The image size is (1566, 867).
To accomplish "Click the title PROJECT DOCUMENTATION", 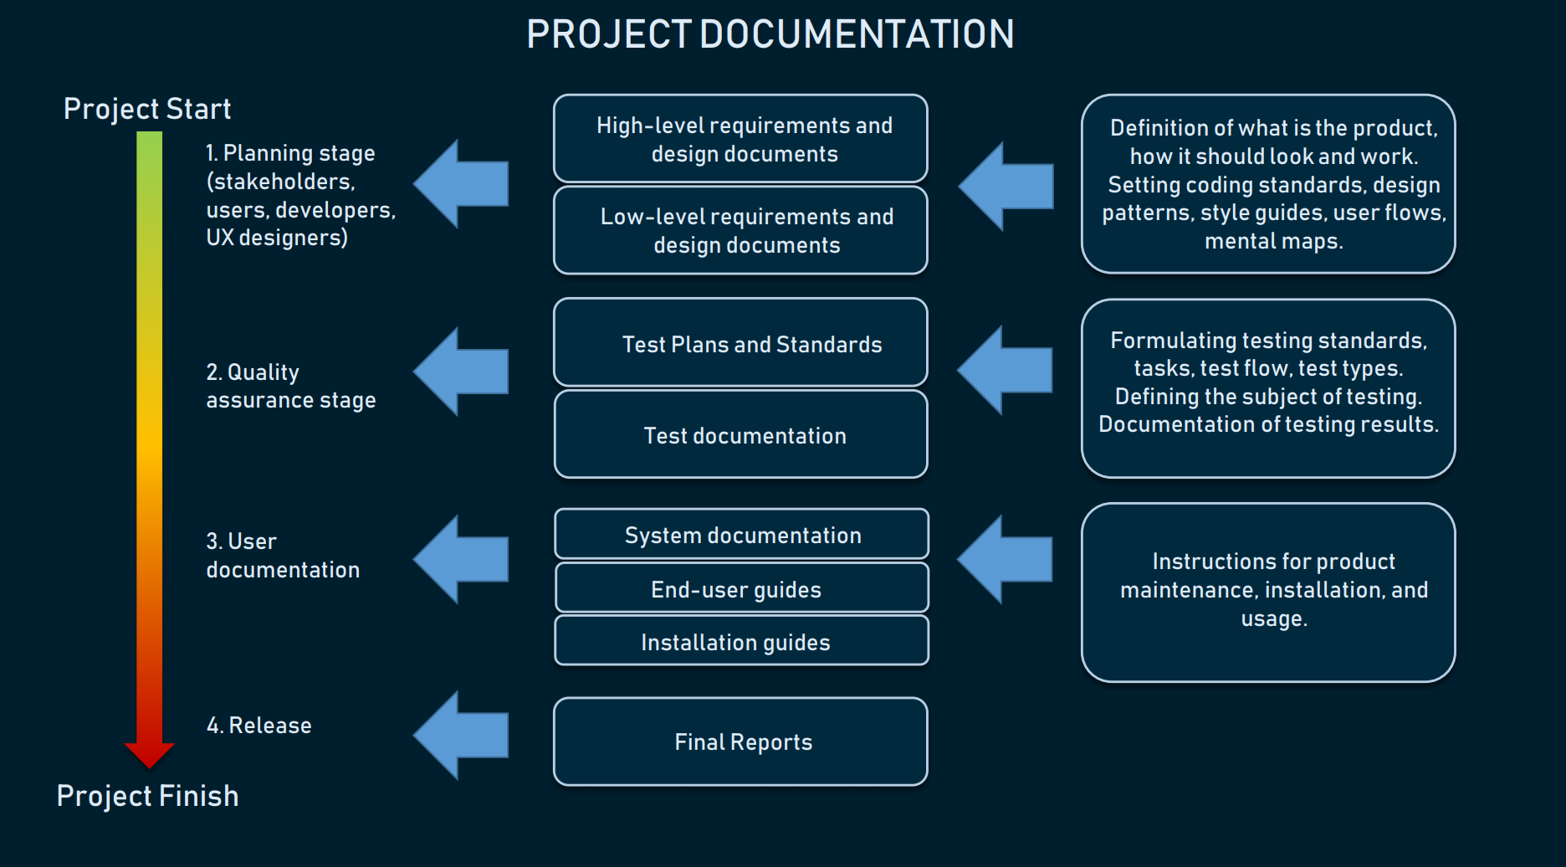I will [770, 35].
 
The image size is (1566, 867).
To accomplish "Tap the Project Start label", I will [147, 109].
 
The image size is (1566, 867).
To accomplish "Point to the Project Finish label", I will [147, 796].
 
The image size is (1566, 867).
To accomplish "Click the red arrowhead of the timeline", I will [149, 753].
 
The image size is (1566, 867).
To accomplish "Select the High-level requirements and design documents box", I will [740, 139].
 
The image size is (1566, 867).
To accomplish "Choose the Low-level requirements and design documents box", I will [740, 230].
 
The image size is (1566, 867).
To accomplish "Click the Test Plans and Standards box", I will [740, 343].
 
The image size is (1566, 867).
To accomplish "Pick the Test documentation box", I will [740, 435].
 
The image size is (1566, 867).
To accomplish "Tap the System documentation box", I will [741, 535].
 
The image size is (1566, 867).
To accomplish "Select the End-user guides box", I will [741, 588].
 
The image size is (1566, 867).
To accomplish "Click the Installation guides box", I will [741, 642].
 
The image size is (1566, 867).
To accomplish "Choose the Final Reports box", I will [740, 741].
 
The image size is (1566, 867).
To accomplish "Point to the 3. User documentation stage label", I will [282, 555].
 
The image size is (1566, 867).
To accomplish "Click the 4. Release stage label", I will [258, 725].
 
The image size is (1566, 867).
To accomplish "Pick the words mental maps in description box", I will [1272, 242].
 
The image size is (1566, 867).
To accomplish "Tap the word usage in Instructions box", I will [1272, 619].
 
